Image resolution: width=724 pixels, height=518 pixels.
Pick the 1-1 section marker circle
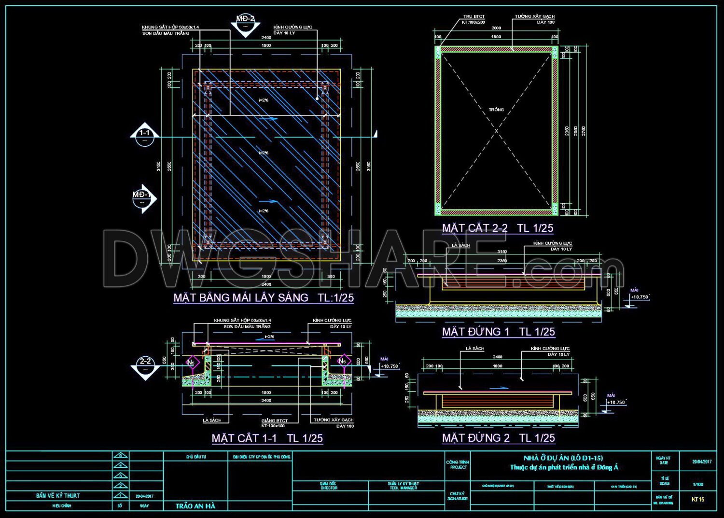coord(144,137)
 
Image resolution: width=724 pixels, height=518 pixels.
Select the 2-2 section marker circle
coord(145,365)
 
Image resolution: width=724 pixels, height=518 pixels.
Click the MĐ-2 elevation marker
coord(245,23)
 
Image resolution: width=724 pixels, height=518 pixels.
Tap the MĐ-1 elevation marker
coord(143,198)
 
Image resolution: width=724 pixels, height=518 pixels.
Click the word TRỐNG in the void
coord(496,110)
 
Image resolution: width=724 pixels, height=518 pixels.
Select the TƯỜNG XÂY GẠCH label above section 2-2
coord(534,16)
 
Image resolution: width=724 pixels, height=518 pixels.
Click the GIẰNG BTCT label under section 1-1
coord(275,421)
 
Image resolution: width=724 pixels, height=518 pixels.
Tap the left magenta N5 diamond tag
coord(191,362)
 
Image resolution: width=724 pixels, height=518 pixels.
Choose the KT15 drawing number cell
coord(698,499)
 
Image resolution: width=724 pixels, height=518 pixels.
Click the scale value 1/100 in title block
coord(698,484)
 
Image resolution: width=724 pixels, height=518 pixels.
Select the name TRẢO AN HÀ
coord(195,506)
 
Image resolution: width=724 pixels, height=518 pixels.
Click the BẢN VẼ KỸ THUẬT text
coord(58,496)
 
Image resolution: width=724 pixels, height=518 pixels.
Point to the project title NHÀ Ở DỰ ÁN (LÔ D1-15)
coord(563,458)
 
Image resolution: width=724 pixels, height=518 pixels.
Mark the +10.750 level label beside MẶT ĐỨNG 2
coord(616,402)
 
